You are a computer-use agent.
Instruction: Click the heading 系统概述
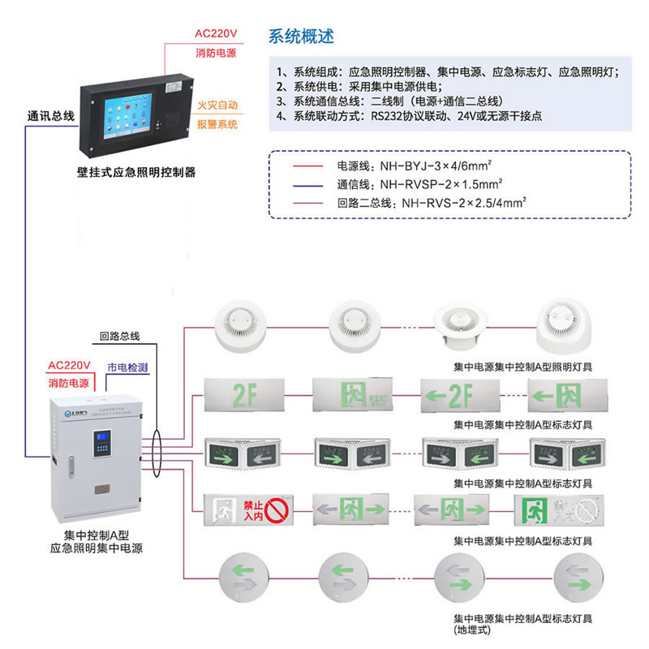tap(300, 37)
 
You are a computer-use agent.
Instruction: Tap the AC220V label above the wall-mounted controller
tap(215, 34)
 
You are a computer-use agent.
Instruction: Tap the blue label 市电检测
tap(128, 367)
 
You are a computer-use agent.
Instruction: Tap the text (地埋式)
tap(472, 629)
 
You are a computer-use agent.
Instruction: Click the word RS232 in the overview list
tap(389, 116)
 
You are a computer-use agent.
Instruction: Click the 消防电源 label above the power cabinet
tap(68, 382)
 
